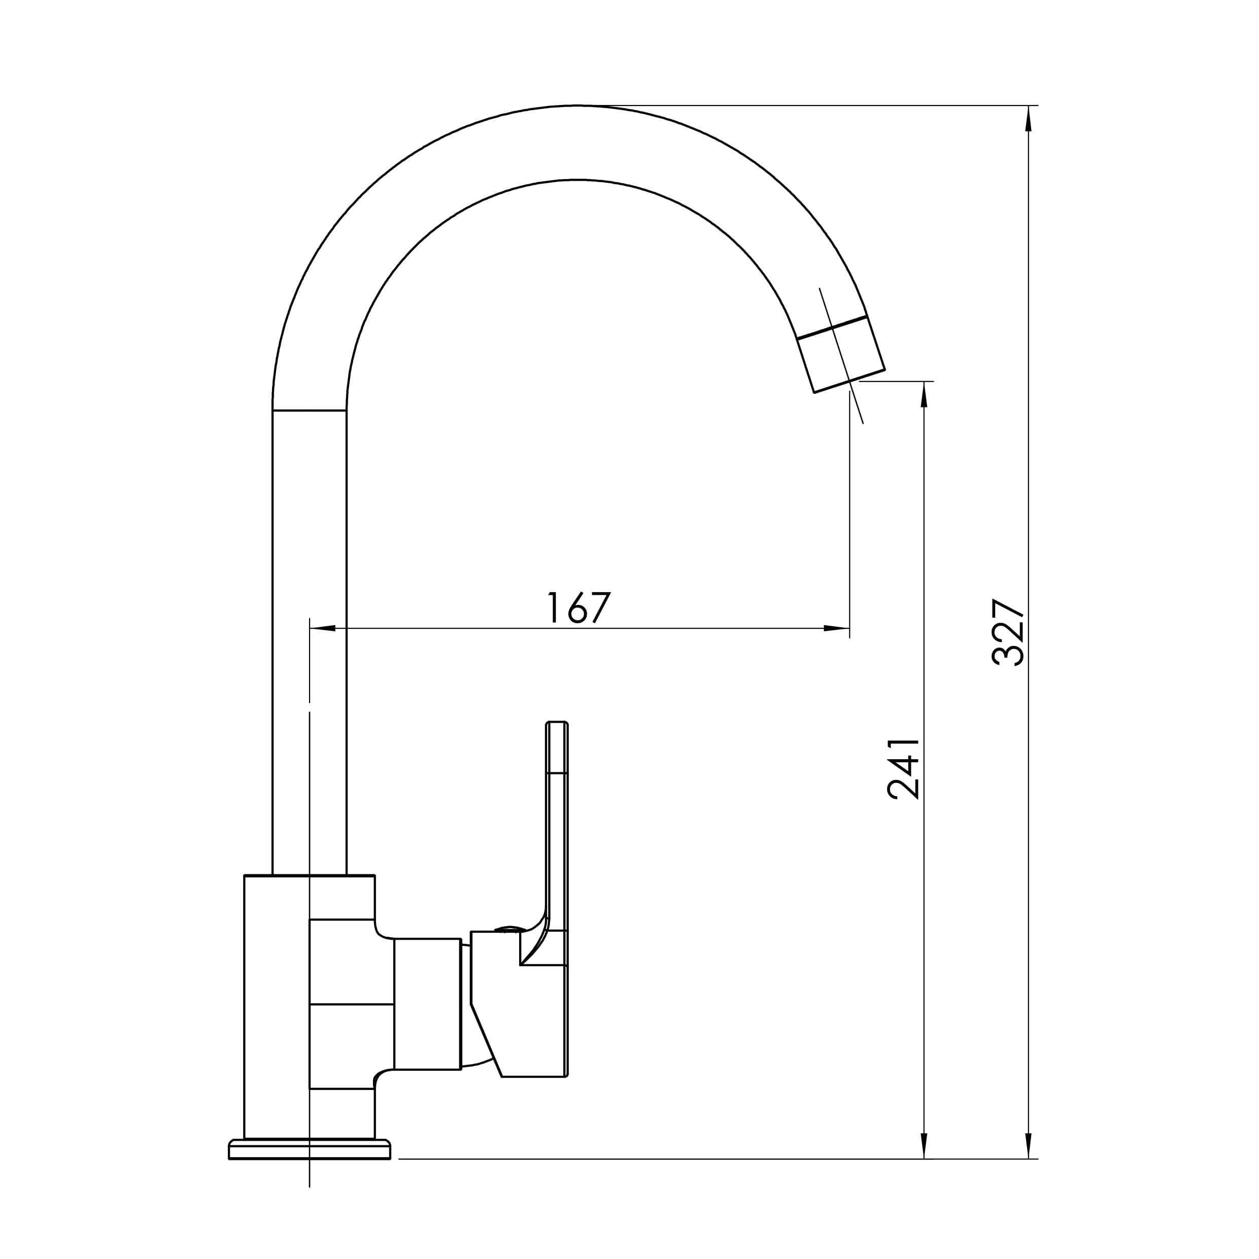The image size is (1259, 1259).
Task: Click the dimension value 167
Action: click(578, 607)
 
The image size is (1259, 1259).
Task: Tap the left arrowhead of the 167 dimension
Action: click(323, 628)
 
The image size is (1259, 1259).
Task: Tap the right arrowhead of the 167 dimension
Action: click(836, 628)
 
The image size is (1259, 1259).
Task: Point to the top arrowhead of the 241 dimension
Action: click(924, 395)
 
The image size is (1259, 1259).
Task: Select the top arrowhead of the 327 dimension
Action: click(1028, 119)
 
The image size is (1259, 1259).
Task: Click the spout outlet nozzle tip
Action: click(841, 355)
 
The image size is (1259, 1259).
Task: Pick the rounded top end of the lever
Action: click(557, 725)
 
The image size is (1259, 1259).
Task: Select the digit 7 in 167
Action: click(601, 607)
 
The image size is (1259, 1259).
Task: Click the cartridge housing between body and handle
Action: click(427, 1004)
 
